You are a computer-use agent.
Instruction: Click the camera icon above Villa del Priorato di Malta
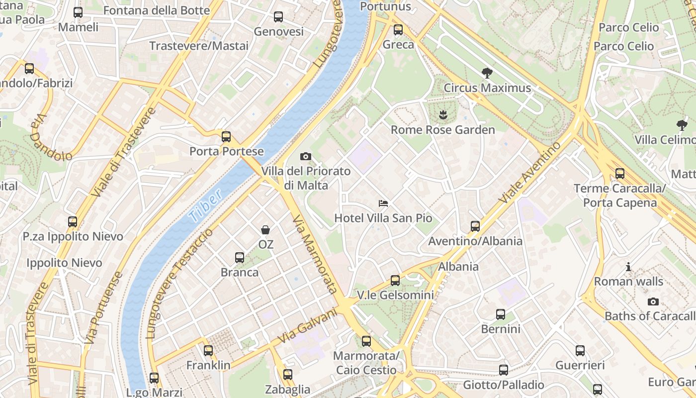[306, 157]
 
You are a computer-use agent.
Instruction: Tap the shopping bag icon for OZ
[265, 230]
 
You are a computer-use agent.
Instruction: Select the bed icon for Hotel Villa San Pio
[383, 203]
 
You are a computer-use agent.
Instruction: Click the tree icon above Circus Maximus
[487, 73]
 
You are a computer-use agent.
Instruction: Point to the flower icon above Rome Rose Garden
[442, 115]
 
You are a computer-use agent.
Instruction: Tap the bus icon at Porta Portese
[226, 136]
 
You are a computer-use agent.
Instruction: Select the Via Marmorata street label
[315, 254]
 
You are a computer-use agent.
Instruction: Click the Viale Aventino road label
[530, 172]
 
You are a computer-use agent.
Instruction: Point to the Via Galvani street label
[307, 326]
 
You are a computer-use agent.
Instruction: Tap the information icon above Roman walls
[628, 267]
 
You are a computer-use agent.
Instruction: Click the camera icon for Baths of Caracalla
[653, 301]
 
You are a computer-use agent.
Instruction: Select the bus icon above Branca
[240, 258]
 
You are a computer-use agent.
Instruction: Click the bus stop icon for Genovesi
[278, 17]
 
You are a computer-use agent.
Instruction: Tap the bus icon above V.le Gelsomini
[395, 281]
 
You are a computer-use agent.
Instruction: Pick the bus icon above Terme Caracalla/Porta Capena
[619, 174]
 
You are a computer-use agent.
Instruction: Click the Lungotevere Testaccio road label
[180, 284]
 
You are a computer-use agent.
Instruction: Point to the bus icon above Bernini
[501, 314]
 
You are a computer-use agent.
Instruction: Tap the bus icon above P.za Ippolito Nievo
[73, 222]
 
